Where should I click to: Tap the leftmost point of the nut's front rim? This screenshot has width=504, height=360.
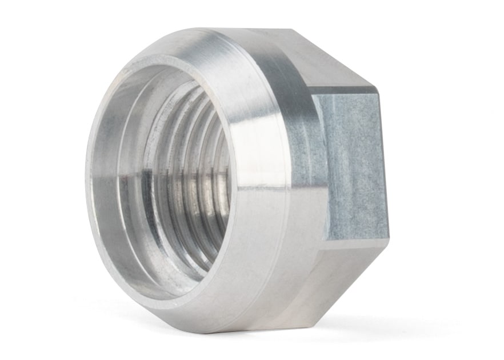(x=86, y=171)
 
